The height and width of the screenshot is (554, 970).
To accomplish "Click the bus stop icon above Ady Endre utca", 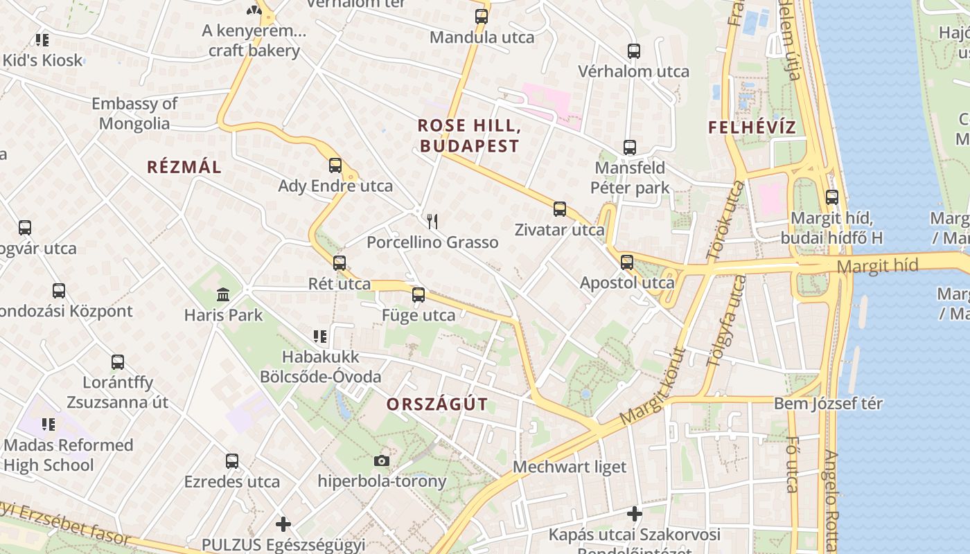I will pyautogui.click(x=335, y=166).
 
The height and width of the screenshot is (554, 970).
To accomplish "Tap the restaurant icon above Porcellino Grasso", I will pyautogui.click(x=432, y=222).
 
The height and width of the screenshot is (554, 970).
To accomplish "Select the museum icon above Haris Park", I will pyautogui.click(x=223, y=295).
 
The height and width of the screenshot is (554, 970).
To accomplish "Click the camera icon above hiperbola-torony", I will pyautogui.click(x=381, y=461).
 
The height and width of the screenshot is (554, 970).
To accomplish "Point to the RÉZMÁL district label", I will pyautogui.click(x=184, y=167).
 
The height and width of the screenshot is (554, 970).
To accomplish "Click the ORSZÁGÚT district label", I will pyautogui.click(x=437, y=404).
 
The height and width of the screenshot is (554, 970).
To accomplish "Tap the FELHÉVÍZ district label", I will pyautogui.click(x=752, y=127).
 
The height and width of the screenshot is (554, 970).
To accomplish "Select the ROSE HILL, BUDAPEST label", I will pyautogui.click(x=469, y=136).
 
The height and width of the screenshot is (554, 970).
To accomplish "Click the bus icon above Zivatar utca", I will pyautogui.click(x=560, y=209).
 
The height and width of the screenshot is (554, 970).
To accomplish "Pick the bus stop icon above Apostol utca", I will pyautogui.click(x=627, y=262).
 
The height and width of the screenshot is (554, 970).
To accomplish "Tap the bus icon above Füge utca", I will pyautogui.click(x=418, y=295).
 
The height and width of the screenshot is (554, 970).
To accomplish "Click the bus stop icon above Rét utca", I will pyautogui.click(x=339, y=263).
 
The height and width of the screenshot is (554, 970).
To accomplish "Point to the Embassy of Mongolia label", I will pyautogui.click(x=134, y=114).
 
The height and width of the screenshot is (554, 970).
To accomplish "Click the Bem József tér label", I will pyautogui.click(x=828, y=403).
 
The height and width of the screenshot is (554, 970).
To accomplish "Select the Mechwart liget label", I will pyautogui.click(x=570, y=467).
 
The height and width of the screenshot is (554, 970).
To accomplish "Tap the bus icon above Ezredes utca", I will pyautogui.click(x=232, y=461).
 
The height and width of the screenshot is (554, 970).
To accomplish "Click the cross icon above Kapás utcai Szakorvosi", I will pyautogui.click(x=635, y=514).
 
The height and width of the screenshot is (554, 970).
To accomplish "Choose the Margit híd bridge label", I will pyautogui.click(x=877, y=265).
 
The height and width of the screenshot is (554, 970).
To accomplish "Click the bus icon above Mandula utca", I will pyautogui.click(x=482, y=17).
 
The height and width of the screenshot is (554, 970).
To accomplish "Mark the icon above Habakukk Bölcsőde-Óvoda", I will pyautogui.click(x=320, y=337).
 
